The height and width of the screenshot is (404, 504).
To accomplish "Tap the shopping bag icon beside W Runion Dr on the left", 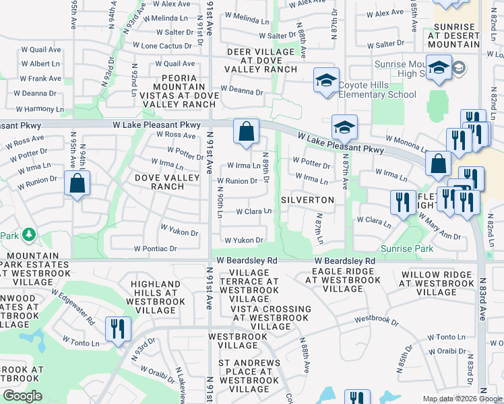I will (x=77, y=183).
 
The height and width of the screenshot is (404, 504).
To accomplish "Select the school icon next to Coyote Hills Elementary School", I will (x=325, y=81).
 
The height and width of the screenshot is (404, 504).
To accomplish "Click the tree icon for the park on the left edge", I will (x=28, y=235).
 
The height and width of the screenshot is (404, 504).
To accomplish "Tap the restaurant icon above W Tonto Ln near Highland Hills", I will (x=118, y=329).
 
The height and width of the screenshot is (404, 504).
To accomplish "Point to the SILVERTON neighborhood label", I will (x=307, y=201).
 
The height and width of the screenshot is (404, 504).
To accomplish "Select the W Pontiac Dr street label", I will (x=155, y=248).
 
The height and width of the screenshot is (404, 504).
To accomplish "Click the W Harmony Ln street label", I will (x=32, y=109).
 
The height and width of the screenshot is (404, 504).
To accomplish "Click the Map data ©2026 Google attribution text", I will (x=462, y=399).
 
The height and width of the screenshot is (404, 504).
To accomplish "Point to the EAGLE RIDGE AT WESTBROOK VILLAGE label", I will (x=338, y=279).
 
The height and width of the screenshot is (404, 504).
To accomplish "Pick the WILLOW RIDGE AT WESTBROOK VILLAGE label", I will (x=437, y=283).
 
